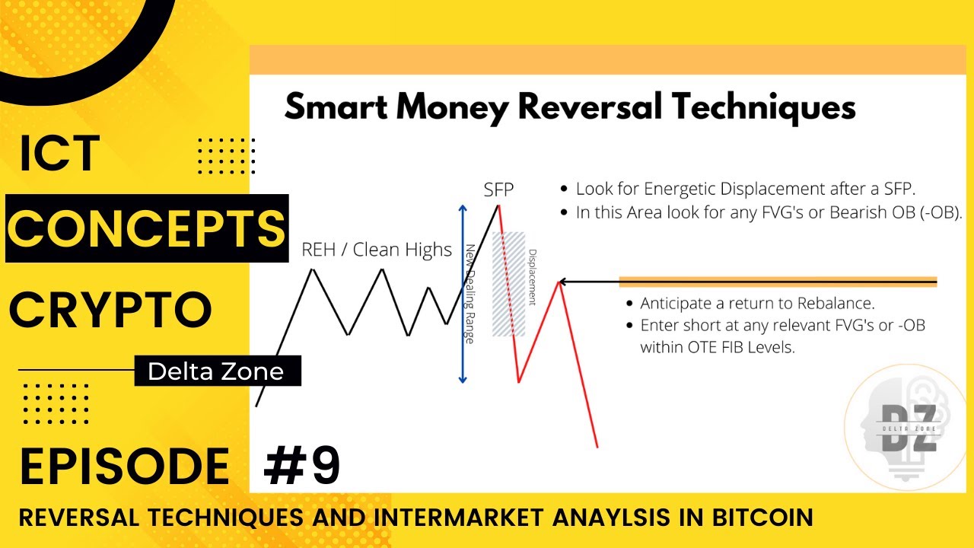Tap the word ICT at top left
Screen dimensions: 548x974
coord(60,153)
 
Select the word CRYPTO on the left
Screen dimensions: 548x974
coord(110,310)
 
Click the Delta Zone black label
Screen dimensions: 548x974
coord(215,371)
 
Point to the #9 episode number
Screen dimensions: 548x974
coord(301,466)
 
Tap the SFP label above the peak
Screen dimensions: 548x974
coord(499,190)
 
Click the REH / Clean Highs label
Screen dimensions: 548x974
coord(377,250)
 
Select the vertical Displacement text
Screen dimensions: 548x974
coord(532,277)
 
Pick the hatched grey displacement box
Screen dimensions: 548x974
coord(509,283)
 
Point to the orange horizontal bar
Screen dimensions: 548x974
coord(778,282)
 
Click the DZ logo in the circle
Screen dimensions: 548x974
coord(907,429)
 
